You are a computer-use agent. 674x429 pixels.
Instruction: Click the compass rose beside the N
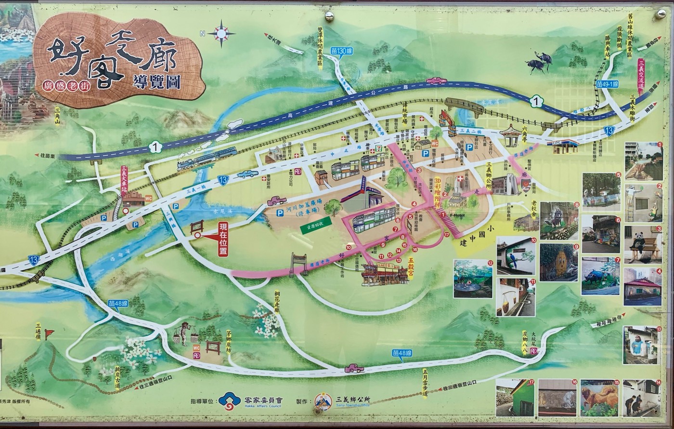click(x=221, y=33)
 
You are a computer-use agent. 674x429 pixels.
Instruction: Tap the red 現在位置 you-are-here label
click(x=222, y=239)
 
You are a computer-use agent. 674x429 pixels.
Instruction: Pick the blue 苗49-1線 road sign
click(x=607, y=84)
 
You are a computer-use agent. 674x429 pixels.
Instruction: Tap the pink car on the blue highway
click(x=436, y=80)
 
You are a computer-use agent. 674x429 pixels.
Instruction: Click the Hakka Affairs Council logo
click(x=230, y=400)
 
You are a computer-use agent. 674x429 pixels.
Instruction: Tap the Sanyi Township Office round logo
click(x=323, y=401)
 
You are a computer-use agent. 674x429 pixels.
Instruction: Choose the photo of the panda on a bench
click(x=642, y=244)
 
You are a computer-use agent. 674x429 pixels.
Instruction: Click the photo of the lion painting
click(x=599, y=398)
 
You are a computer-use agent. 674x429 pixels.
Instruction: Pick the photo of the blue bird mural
click(x=516, y=255)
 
